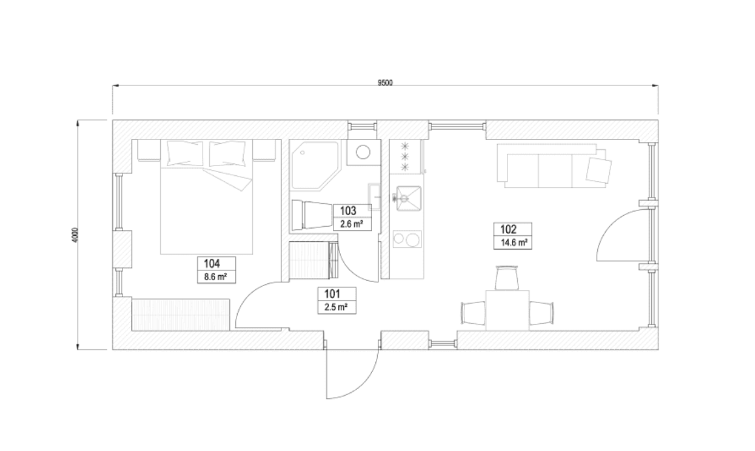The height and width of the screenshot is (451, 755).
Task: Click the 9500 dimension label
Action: [385, 83]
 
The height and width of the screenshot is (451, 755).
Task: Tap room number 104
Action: [211, 264]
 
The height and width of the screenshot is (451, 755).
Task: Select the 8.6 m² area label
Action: [216, 276]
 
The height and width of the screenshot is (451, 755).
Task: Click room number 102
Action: [508, 229]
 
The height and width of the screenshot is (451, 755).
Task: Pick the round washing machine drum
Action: [363, 154]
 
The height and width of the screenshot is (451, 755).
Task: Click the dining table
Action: [506, 312]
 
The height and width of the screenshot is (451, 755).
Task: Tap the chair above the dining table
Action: [506, 278]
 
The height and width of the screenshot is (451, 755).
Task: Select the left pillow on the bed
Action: [180, 153]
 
